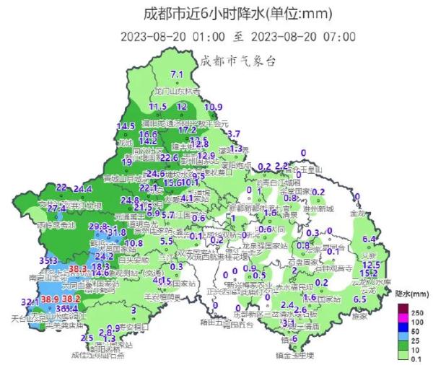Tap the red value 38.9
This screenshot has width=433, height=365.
pos(50,299)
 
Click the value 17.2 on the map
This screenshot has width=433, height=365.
pos(187,131)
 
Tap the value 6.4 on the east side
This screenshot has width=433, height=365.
pos(370,239)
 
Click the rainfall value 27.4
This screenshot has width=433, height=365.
pos(57,208)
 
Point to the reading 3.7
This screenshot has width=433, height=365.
pos(234,134)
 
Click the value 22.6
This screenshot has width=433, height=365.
pos(169,157)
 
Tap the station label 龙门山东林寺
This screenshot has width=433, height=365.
pos(175,92)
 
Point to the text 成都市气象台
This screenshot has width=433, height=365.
pos(238,61)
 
